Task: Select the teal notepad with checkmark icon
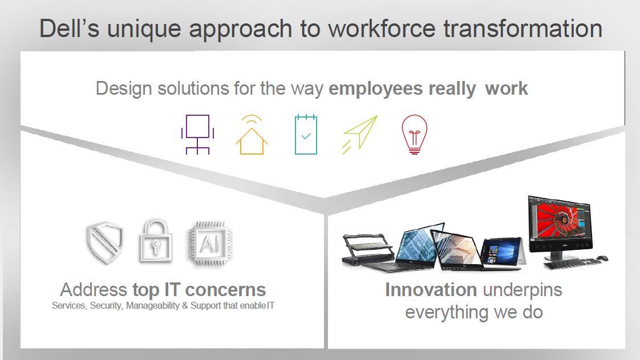306,135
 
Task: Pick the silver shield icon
105,242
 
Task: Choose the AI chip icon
210,244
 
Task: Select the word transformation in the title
523,29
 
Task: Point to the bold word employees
375,88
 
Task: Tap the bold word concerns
225,290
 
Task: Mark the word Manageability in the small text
153,306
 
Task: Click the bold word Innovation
431,290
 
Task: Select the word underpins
522,290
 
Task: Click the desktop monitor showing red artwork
560,229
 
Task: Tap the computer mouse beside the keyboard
602,258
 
